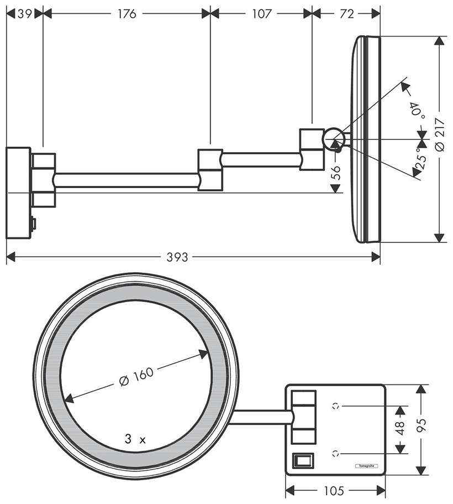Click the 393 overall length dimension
177,257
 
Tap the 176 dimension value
127,14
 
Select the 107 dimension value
262,14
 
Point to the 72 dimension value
347,14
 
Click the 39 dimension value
24,14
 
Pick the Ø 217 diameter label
440,135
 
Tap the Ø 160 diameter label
136,376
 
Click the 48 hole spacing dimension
400,429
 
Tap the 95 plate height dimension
422,425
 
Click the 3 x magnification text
135,439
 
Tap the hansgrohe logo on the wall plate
366,466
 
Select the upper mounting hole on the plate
336,406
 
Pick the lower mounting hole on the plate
336,454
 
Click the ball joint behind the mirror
334,139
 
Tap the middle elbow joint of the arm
210,170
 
